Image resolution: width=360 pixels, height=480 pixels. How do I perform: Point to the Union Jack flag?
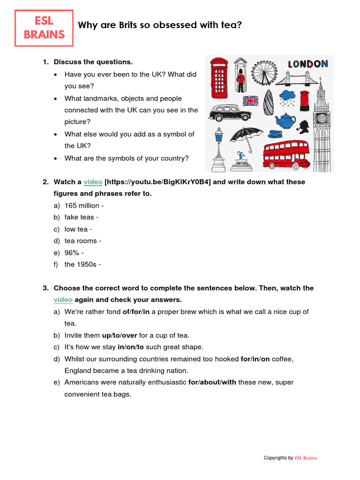(x=250, y=100)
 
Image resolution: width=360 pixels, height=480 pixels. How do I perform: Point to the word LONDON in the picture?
(x=307, y=64)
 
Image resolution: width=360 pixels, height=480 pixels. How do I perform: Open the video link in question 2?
(x=93, y=182)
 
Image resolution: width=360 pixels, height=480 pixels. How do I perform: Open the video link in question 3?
(x=63, y=300)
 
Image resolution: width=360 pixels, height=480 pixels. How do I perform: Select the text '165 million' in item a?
(x=82, y=205)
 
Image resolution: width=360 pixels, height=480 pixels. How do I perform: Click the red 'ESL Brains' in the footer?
(x=306, y=457)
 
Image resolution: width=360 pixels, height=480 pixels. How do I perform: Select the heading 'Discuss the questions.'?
(x=93, y=62)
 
